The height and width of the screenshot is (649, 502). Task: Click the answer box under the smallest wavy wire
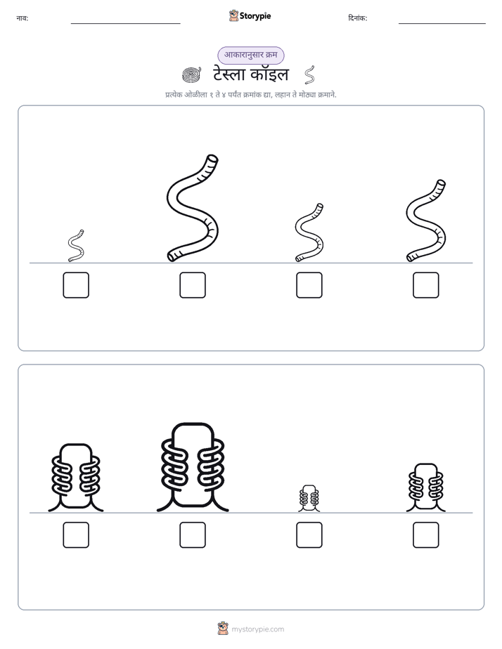tap(76, 285)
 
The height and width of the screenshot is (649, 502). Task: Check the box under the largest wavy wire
tap(193, 285)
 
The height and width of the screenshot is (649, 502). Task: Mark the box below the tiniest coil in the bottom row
tap(309, 535)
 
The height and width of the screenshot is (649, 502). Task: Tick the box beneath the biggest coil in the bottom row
tap(193, 535)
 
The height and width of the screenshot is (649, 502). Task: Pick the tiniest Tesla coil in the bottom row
tap(309, 498)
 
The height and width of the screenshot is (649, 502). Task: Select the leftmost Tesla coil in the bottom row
tap(76, 478)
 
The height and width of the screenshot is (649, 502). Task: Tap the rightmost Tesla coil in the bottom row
tap(426, 487)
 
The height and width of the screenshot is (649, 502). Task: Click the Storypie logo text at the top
tap(255, 16)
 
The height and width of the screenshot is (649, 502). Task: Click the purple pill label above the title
tap(251, 55)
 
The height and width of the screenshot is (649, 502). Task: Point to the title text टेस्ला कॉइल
tap(251, 74)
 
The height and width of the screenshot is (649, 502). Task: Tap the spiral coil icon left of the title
tap(192, 74)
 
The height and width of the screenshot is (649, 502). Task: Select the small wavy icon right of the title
tap(309, 74)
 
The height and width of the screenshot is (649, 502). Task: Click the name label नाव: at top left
tap(22, 18)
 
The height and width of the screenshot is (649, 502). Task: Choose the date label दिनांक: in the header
tap(358, 18)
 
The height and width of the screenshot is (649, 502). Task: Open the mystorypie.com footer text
tap(257, 629)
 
